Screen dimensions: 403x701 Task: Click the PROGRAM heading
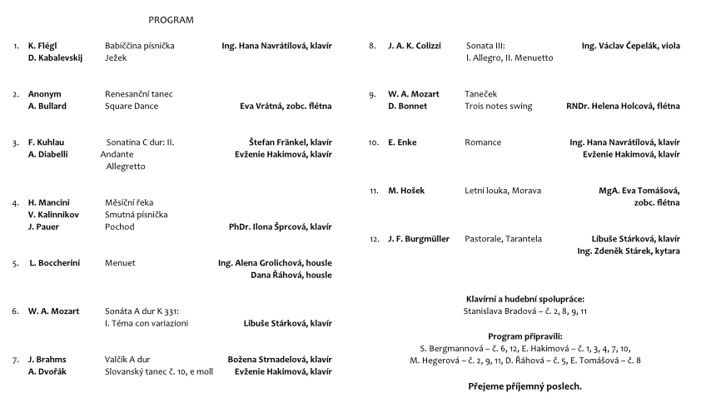click(171, 19)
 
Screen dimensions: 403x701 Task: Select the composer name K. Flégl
click(42, 46)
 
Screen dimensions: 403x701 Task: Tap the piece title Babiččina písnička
click(140, 46)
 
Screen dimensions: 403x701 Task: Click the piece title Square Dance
click(132, 107)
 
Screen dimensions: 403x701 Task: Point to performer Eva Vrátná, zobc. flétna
click(286, 107)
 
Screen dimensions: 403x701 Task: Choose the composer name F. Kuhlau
click(46, 142)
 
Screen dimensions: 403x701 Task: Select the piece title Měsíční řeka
click(129, 202)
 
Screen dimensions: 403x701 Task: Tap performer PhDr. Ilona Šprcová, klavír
click(281, 226)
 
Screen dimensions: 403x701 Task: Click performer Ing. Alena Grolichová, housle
click(275, 263)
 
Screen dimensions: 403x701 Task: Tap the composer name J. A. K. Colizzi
click(414, 46)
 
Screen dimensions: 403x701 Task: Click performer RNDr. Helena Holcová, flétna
click(623, 107)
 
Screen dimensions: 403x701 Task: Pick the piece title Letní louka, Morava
click(503, 191)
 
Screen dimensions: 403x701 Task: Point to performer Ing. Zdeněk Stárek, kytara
click(628, 251)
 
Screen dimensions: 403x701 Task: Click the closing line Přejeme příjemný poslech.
click(525, 387)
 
